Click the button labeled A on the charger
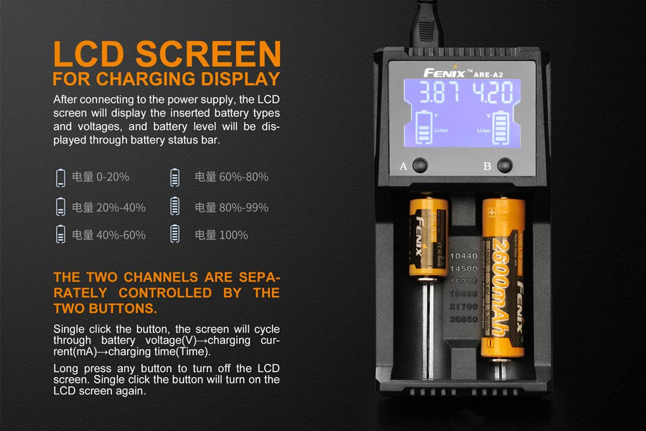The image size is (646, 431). [x=420, y=166]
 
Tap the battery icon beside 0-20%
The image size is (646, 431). [x=60, y=177]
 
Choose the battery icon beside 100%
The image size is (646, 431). [x=174, y=234]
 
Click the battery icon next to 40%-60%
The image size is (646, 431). [x=60, y=234]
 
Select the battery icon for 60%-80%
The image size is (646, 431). [x=174, y=177]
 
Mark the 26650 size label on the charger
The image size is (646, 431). [x=463, y=319]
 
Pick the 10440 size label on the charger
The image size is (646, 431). [x=463, y=255]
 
